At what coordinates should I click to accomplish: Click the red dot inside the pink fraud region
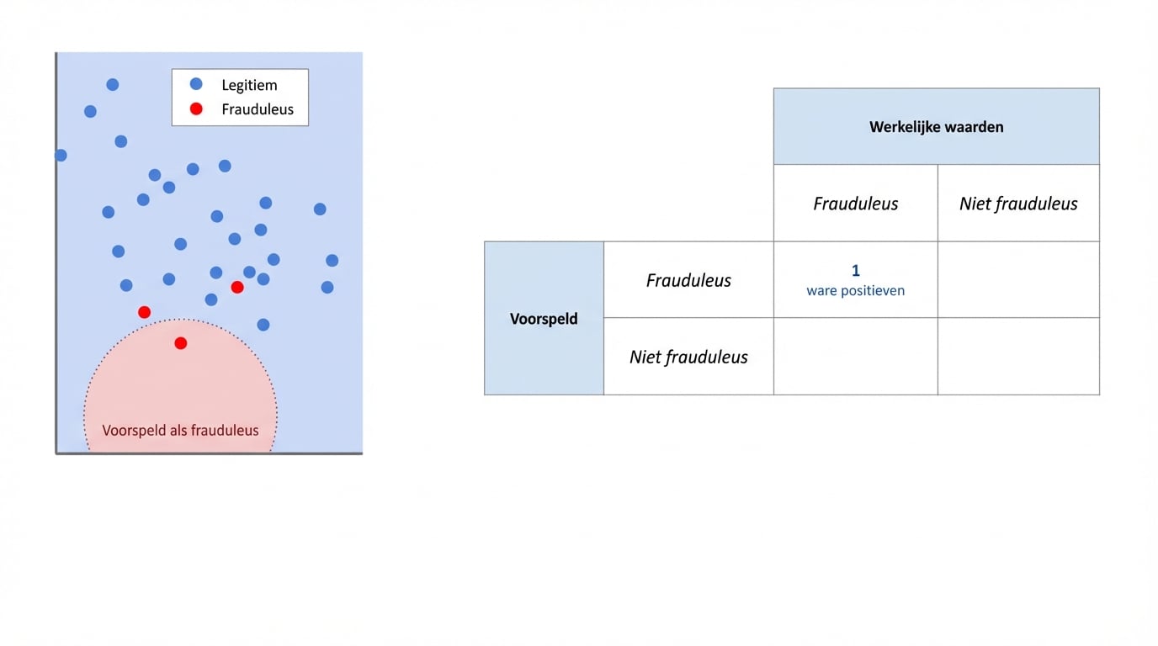[181, 343]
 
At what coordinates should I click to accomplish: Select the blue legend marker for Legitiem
[196, 84]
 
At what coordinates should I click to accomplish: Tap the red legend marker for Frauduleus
[196, 109]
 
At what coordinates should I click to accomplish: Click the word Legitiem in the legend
[249, 85]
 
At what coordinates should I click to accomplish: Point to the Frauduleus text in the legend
[258, 109]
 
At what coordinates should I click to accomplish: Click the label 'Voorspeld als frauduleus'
[180, 431]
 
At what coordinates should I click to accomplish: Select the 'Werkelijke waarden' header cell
[936, 127]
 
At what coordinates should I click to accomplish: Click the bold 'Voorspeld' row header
[544, 319]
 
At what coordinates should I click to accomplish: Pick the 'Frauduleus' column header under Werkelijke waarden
[855, 204]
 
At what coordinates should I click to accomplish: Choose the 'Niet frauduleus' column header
[1018, 204]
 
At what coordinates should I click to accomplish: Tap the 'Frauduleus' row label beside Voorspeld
[688, 280]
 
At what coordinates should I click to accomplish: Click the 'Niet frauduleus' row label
[688, 357]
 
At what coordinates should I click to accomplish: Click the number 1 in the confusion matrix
[856, 271]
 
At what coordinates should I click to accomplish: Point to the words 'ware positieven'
[855, 291]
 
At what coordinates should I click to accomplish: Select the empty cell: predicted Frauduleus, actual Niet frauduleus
[1018, 280]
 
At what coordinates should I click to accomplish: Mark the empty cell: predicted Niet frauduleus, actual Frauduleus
[855, 357]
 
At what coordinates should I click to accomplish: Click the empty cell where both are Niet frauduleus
[1018, 357]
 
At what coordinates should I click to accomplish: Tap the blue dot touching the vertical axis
[61, 156]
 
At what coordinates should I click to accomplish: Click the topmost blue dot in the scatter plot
[113, 85]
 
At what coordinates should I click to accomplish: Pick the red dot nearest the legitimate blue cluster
[237, 288]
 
